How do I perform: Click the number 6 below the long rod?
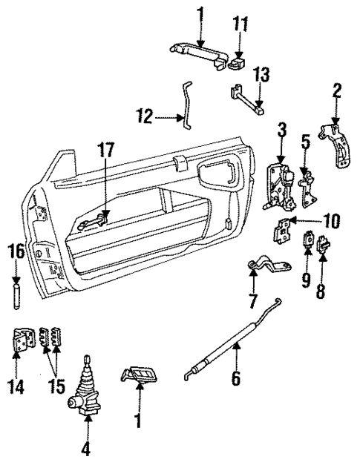pos(235,378)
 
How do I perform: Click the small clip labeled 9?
pos(307,242)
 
